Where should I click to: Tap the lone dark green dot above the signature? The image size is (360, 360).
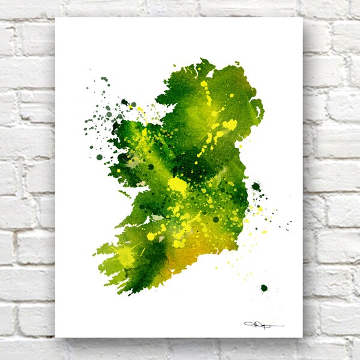(x=263, y=288)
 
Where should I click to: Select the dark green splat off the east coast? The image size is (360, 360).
(x=256, y=187)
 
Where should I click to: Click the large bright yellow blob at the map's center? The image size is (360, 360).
(x=178, y=184)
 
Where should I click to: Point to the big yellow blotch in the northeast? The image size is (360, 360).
(x=230, y=125)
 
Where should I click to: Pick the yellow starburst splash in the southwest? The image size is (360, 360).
(x=126, y=256)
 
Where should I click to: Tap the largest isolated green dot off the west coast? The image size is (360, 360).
(x=100, y=157)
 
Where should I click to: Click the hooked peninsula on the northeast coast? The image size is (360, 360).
(x=258, y=108)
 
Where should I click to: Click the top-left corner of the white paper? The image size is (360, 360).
(x=56, y=17)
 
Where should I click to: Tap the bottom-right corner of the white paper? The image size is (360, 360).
(x=302, y=337)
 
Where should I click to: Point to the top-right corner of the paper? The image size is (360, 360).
(x=302, y=17)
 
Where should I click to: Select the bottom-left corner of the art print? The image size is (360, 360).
(x=56, y=337)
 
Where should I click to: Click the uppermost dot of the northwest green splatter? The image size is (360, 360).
(x=104, y=79)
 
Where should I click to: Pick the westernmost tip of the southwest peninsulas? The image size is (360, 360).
(x=94, y=251)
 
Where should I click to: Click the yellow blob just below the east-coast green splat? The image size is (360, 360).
(x=260, y=208)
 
